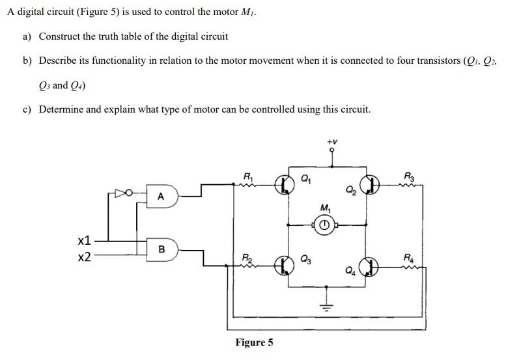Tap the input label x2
[84, 257]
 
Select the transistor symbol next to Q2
[371, 186]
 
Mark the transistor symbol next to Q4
[371, 266]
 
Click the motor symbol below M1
[324, 226]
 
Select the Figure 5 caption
[254, 342]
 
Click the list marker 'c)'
[27, 109]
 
